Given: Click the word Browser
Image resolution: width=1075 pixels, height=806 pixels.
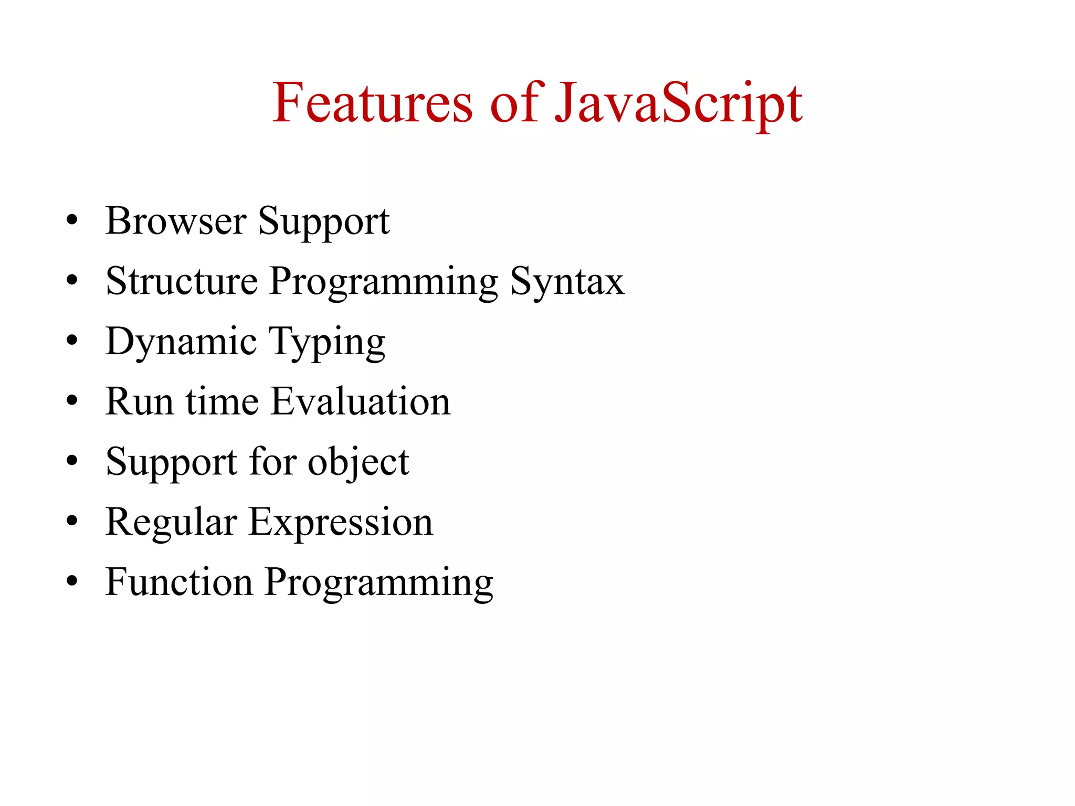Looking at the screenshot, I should [176, 221].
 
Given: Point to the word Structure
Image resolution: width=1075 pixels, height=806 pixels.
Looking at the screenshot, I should [182, 281].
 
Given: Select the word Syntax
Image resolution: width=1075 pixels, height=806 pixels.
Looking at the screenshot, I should [567, 282].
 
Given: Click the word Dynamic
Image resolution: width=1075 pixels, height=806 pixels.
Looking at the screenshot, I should [181, 342].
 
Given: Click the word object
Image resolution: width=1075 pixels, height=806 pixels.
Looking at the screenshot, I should [358, 463].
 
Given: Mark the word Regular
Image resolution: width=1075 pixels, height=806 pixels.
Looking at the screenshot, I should [171, 523].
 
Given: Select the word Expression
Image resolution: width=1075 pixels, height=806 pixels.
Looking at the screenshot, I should [341, 523].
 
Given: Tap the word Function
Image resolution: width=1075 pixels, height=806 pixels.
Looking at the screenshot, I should [179, 582].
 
